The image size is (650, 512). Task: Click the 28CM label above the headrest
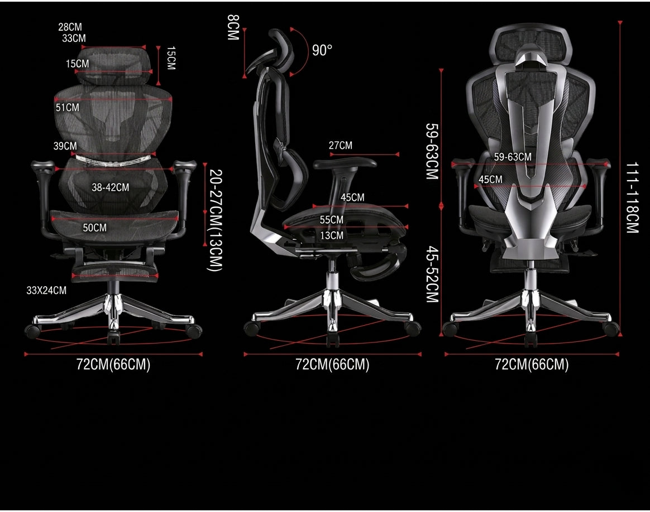70,27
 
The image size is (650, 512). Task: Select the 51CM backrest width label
67,108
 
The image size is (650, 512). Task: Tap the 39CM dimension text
65,146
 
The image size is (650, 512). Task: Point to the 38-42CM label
110,187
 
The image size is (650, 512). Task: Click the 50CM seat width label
94,228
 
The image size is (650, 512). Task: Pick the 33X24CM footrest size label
46,291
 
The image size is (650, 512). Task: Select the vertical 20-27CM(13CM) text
215,220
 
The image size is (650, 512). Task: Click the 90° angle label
322,50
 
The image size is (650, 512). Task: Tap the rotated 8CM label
233,27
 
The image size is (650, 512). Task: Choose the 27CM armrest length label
340,146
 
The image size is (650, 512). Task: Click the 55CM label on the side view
331,220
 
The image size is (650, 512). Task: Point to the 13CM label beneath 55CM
332,235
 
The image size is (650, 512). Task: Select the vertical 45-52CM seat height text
432,274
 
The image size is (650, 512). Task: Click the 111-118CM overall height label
632,198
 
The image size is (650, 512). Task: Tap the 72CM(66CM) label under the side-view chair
332,365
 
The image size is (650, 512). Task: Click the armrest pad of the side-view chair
345,163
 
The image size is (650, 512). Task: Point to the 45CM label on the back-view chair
490,180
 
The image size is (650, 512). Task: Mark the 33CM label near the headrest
74,38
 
